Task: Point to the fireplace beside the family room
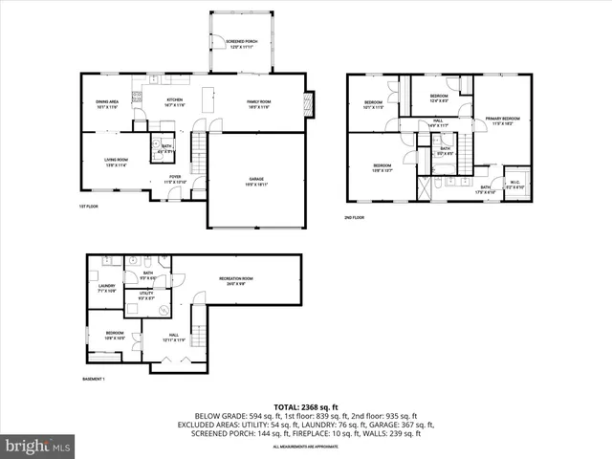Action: (x=308, y=102)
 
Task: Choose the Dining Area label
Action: (x=107, y=103)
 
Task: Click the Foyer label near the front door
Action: (x=175, y=179)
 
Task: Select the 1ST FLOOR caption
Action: (x=89, y=207)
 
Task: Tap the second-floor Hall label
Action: (x=438, y=122)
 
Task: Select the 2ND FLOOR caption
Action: (x=356, y=217)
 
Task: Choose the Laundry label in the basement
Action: (x=106, y=287)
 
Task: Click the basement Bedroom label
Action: (x=114, y=336)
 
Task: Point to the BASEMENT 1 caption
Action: (x=93, y=380)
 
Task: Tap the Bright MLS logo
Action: (x=37, y=446)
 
